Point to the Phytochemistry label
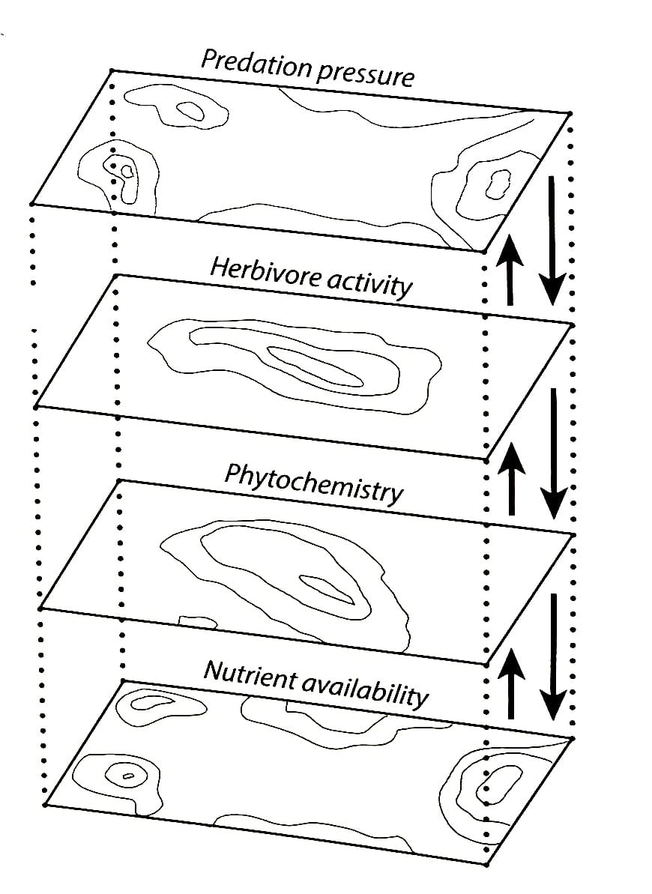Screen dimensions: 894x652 coord(314,483)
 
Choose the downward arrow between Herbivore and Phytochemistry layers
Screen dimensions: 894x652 coord(553,453)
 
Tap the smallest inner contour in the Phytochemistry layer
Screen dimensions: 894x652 coord(326,588)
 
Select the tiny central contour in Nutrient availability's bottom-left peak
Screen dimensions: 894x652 coord(127,776)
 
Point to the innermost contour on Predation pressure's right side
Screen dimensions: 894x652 coord(496,183)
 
